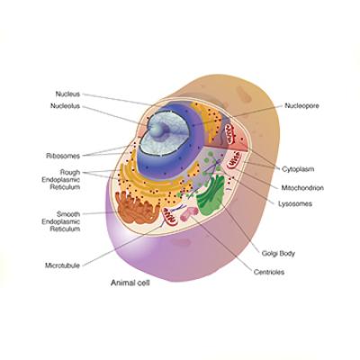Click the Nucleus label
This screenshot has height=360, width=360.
pos(67,94)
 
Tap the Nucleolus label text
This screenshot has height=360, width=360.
pos(65,106)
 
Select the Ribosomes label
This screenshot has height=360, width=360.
pos(63,156)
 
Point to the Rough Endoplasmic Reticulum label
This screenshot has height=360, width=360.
pos(61,180)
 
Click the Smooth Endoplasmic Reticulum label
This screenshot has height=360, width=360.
pos(61,221)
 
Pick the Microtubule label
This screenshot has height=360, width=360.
pos(62,265)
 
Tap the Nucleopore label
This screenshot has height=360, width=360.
pos(301,105)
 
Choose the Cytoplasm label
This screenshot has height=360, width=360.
pos(298,169)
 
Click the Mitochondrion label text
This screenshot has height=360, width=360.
pos(302,188)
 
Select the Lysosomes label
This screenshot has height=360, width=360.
pos(295,204)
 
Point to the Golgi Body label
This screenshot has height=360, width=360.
pos(278,254)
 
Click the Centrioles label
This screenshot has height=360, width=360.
pos(269,272)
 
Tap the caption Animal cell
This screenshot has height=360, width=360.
pos(130,283)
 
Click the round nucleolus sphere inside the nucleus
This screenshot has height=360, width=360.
pos(157,130)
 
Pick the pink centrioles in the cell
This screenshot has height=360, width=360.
pos(189,213)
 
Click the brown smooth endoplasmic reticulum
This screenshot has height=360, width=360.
pos(137,208)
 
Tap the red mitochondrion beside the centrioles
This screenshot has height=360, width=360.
pos(169,216)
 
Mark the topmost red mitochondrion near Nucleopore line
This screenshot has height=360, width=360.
pos(230,134)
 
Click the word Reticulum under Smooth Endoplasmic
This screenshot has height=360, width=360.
pos(65,229)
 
